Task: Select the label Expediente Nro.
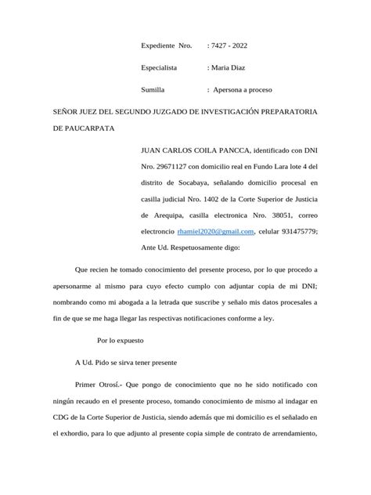point(166,46)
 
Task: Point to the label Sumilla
point(153,90)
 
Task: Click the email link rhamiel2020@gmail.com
point(216,232)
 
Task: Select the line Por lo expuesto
point(121,342)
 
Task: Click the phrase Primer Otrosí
point(99,385)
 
